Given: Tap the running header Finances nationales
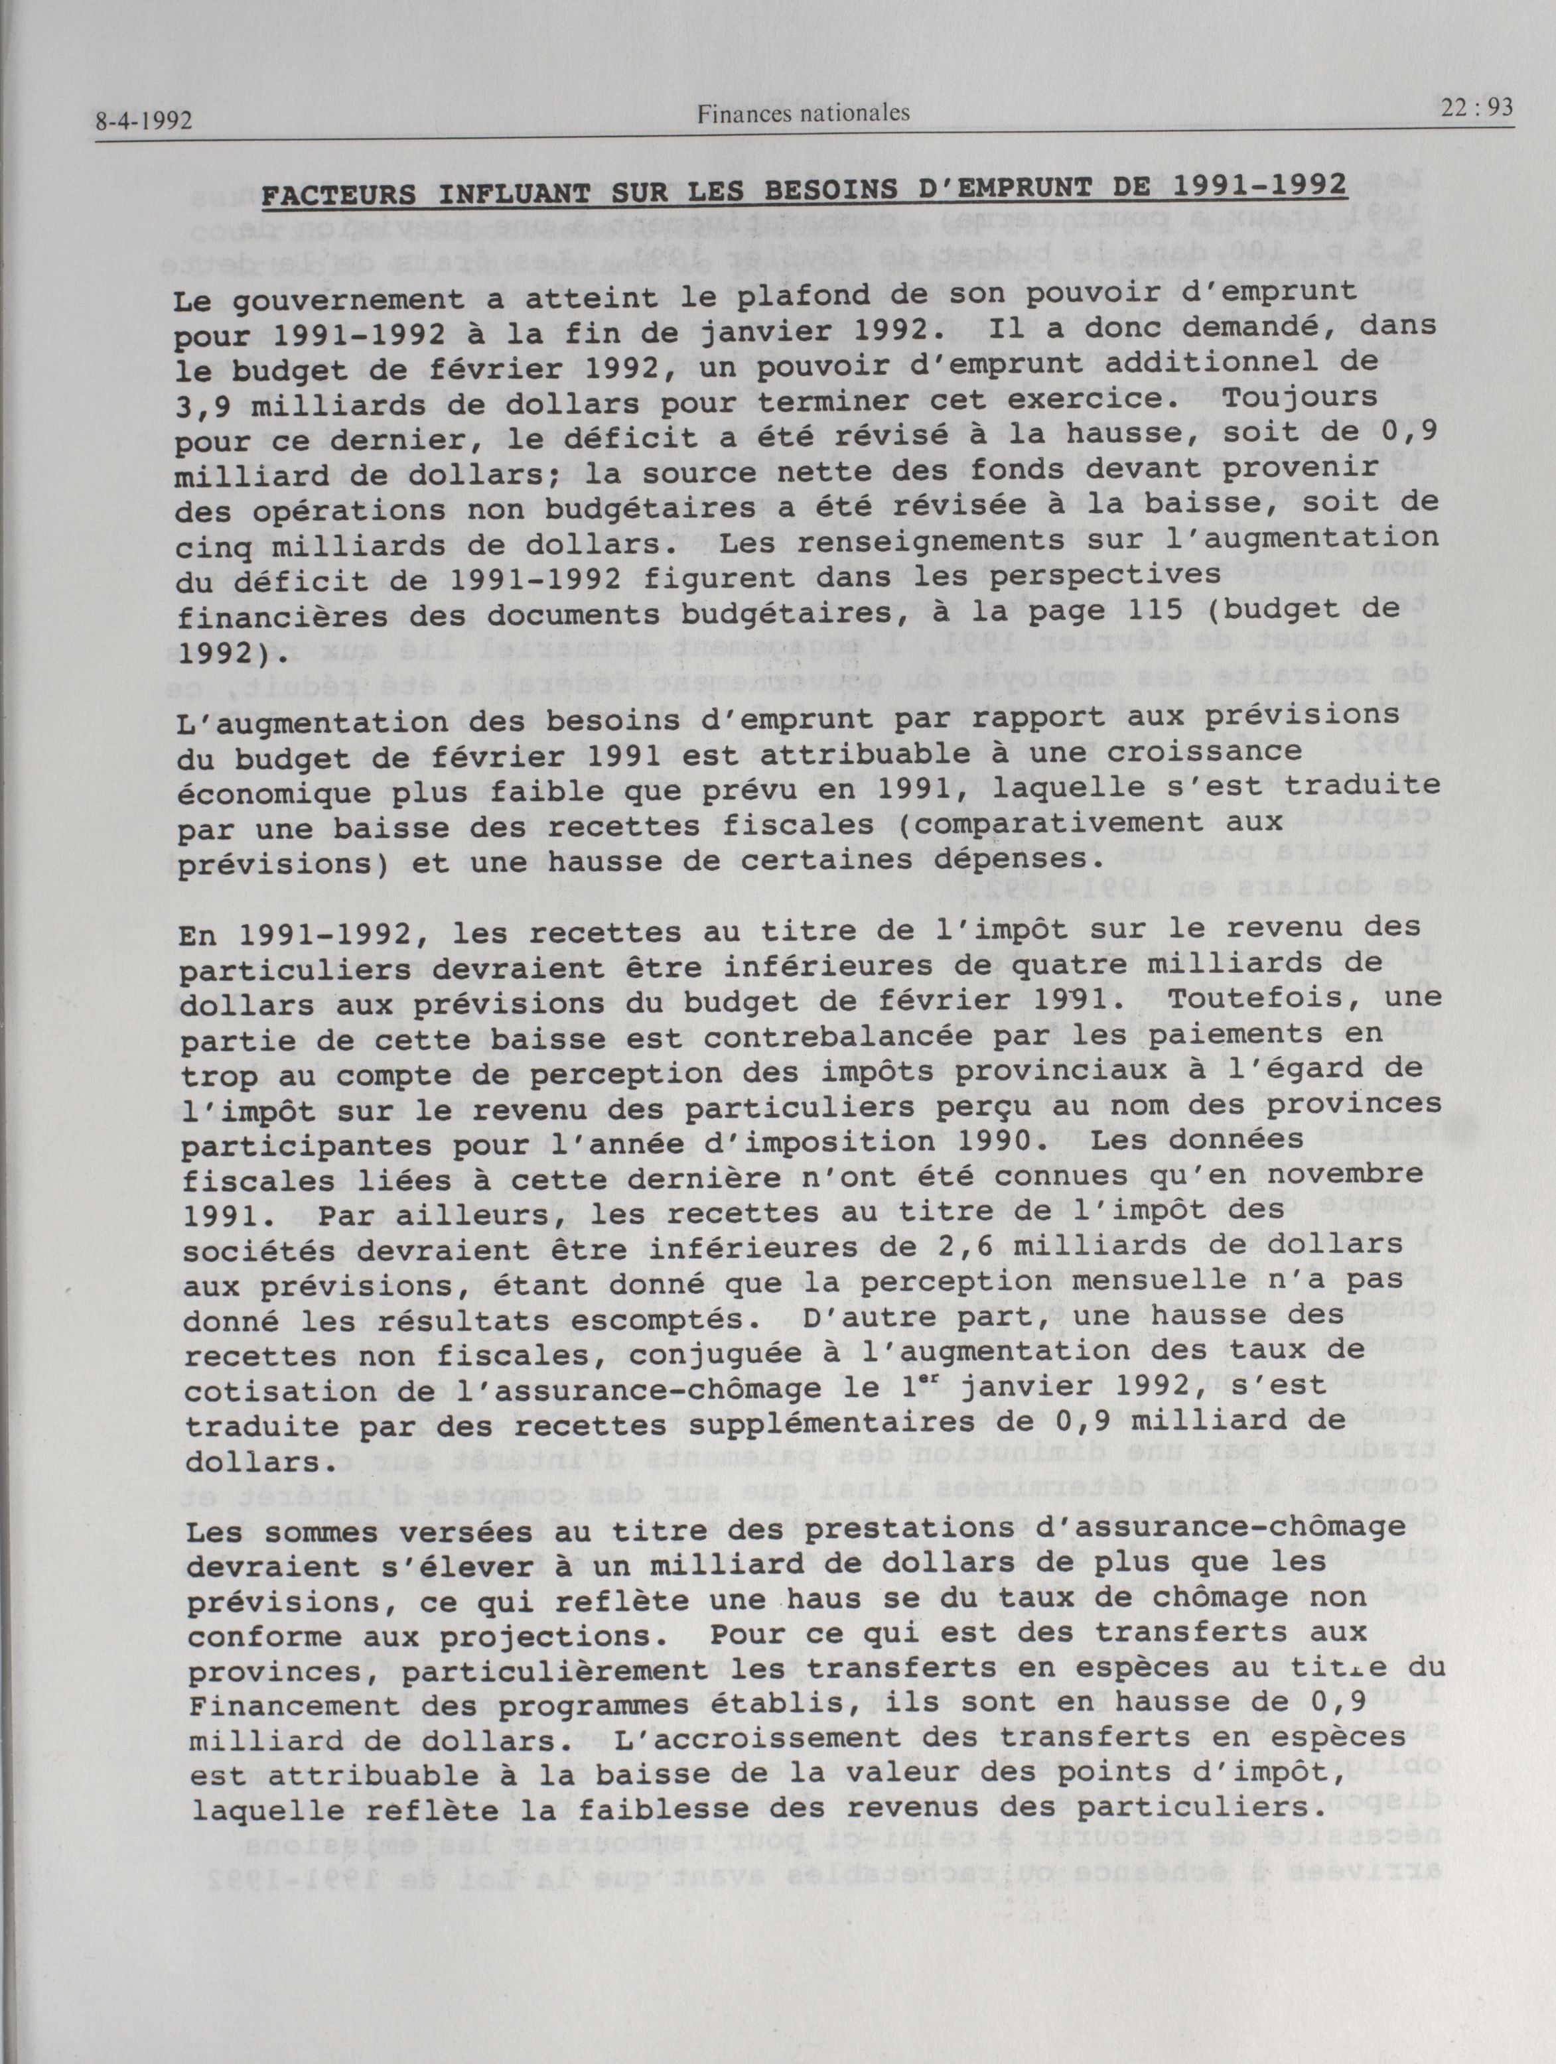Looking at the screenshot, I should click(x=803, y=113).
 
